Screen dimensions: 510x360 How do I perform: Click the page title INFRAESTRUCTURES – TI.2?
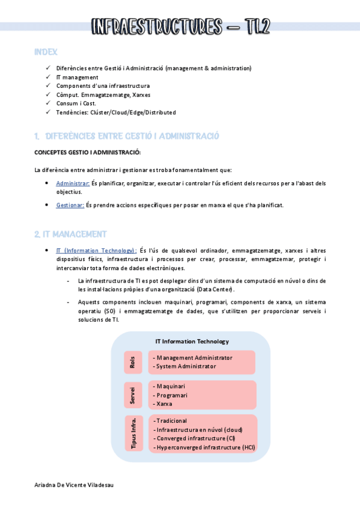click(x=180, y=26)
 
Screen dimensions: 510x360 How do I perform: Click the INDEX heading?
click(x=46, y=53)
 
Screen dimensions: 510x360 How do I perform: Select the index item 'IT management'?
click(x=77, y=77)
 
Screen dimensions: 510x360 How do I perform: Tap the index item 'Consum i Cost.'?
click(x=76, y=103)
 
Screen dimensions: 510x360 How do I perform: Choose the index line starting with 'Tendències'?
click(x=115, y=112)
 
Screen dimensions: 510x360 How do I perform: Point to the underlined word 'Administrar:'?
click(x=73, y=183)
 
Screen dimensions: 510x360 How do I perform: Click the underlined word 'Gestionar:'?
click(x=70, y=205)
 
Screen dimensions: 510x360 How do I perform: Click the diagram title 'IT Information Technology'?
click(x=192, y=341)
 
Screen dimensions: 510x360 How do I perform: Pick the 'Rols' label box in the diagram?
click(x=133, y=363)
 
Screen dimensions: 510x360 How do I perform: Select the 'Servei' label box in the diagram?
click(x=133, y=395)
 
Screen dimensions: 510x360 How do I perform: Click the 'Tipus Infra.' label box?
click(x=134, y=432)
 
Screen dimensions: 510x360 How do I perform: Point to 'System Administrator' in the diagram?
click(x=185, y=366)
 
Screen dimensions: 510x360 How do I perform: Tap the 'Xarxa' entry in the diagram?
click(x=165, y=404)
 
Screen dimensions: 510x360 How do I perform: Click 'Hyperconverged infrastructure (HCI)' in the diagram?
click(x=204, y=447)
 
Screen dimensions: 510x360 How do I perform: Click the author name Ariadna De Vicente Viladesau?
click(x=74, y=485)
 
